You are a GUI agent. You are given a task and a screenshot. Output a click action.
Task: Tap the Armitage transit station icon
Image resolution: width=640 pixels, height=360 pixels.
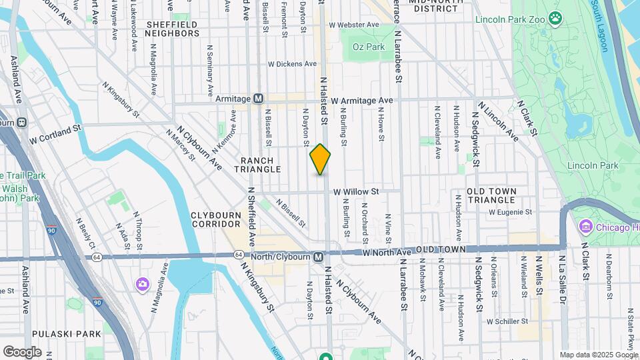tap(258, 99)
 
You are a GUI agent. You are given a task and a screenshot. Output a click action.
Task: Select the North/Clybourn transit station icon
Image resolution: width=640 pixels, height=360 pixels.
tap(319, 256)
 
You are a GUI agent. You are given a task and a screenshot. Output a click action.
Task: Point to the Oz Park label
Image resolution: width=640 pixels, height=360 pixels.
tap(369, 47)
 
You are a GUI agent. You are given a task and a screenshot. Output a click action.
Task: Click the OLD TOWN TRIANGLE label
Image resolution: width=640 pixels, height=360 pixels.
tap(491, 195)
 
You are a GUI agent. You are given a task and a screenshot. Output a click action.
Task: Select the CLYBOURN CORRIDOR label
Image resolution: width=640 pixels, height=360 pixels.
tap(219, 220)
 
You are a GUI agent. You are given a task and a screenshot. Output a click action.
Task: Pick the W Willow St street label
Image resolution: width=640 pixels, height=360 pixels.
tap(356, 191)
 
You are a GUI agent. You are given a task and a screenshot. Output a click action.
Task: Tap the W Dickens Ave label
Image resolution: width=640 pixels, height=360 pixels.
tap(292, 65)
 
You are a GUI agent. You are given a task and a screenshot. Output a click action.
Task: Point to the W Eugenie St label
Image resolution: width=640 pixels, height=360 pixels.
tap(510, 212)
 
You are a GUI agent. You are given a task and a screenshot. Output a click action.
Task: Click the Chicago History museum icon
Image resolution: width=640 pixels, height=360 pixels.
tap(587, 227)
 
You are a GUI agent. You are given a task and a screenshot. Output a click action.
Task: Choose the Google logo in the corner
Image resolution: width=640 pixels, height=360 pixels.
tap(22, 351)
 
